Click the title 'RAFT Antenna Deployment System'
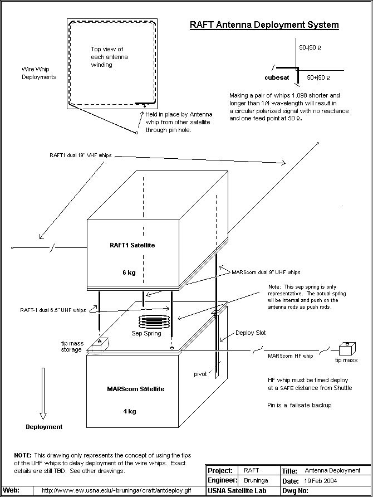coord(264,25)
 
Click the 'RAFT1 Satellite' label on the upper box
coord(132,245)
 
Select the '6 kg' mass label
coord(129,272)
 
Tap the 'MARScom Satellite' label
coord(135,389)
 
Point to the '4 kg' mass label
coord(130,411)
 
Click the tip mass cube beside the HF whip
coord(347,349)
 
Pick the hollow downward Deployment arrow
coord(43,394)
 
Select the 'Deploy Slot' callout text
coord(251,333)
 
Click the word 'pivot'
coord(200,374)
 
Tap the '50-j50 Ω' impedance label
coord(310,47)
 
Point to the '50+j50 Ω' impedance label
coord(318,77)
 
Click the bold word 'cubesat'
coord(277,77)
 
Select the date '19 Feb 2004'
coord(321,481)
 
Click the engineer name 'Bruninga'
coord(256,480)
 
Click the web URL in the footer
coord(116,490)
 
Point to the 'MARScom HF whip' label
coord(291,356)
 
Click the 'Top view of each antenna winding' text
coord(109,57)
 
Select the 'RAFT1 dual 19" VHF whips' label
coord(80,155)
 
